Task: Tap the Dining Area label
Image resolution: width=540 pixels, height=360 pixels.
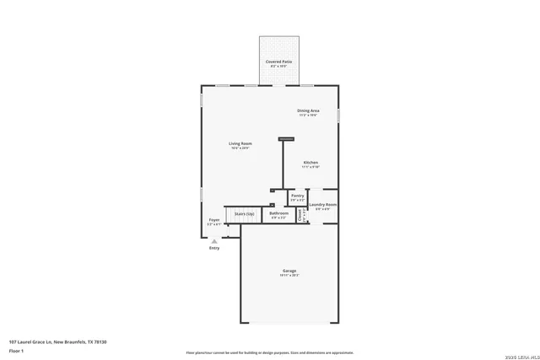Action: (308, 110)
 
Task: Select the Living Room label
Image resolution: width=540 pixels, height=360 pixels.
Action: (240, 143)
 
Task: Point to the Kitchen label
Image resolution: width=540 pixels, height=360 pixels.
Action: (310, 162)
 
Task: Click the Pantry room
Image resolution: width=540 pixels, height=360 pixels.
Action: (297, 197)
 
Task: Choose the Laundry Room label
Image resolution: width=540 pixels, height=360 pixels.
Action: (323, 205)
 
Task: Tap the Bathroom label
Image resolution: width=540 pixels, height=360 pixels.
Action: (278, 214)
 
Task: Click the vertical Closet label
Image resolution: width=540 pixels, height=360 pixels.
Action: (302, 215)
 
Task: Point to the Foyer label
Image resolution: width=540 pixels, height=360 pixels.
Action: (214, 221)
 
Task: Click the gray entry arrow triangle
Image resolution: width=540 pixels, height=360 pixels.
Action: (214, 240)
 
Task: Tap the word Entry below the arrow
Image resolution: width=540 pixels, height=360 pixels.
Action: (214, 248)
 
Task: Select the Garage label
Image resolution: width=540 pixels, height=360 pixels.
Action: (289, 271)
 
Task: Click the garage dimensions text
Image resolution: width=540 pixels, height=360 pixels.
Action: (289, 276)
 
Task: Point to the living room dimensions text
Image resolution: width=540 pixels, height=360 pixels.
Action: (240, 148)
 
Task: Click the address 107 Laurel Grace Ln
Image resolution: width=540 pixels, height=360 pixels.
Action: (57, 341)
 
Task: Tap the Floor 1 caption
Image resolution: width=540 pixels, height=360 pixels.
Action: (17, 349)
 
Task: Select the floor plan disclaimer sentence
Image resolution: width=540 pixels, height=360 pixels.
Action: (270, 352)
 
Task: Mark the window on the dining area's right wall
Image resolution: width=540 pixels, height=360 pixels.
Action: (338, 115)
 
